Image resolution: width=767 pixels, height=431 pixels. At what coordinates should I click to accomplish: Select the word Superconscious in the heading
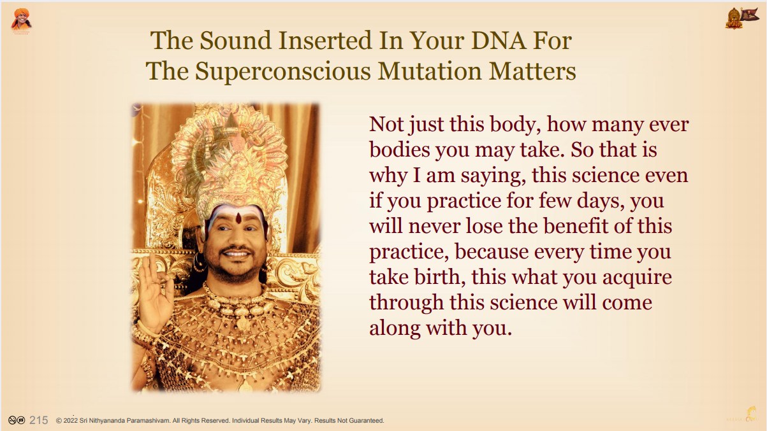pos(283,72)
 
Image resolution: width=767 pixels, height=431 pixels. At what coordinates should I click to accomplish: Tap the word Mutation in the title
pos(430,71)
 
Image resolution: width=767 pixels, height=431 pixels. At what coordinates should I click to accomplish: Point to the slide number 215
pos(39,420)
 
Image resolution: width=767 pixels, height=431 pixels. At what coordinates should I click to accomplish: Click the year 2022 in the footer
pos(71,420)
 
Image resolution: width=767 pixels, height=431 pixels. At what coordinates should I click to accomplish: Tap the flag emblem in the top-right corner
pos(741,18)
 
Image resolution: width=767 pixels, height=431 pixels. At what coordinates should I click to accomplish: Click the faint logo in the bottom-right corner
pos(742,414)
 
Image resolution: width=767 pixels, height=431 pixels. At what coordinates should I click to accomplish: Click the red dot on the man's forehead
pos(238,218)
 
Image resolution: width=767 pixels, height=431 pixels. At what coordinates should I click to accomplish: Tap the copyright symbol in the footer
pos(59,421)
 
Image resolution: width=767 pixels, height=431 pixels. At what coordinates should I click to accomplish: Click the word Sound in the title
pos(235,41)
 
